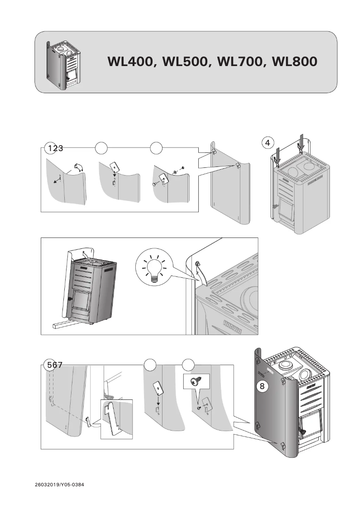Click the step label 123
coord(54,147)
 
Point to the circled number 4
coord(268,142)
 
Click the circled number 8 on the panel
coord(261,386)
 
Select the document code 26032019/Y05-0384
coord(59,484)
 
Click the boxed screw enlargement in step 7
coord(196,382)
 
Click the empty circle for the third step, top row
coord(156,147)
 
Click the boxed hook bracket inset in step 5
coord(116,418)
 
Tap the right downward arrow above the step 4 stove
coord(301,141)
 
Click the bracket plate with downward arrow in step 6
coord(158,387)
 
